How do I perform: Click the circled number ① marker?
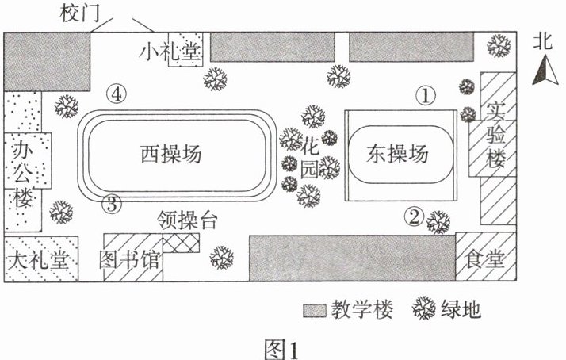click(x=427, y=96)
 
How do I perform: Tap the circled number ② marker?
click(x=414, y=214)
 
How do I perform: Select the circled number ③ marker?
click(x=113, y=204)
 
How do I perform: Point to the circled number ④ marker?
click(x=117, y=94)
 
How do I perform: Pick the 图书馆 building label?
click(x=132, y=260)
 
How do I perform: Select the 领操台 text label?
click(x=187, y=220)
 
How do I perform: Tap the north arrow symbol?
click(x=541, y=73)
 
